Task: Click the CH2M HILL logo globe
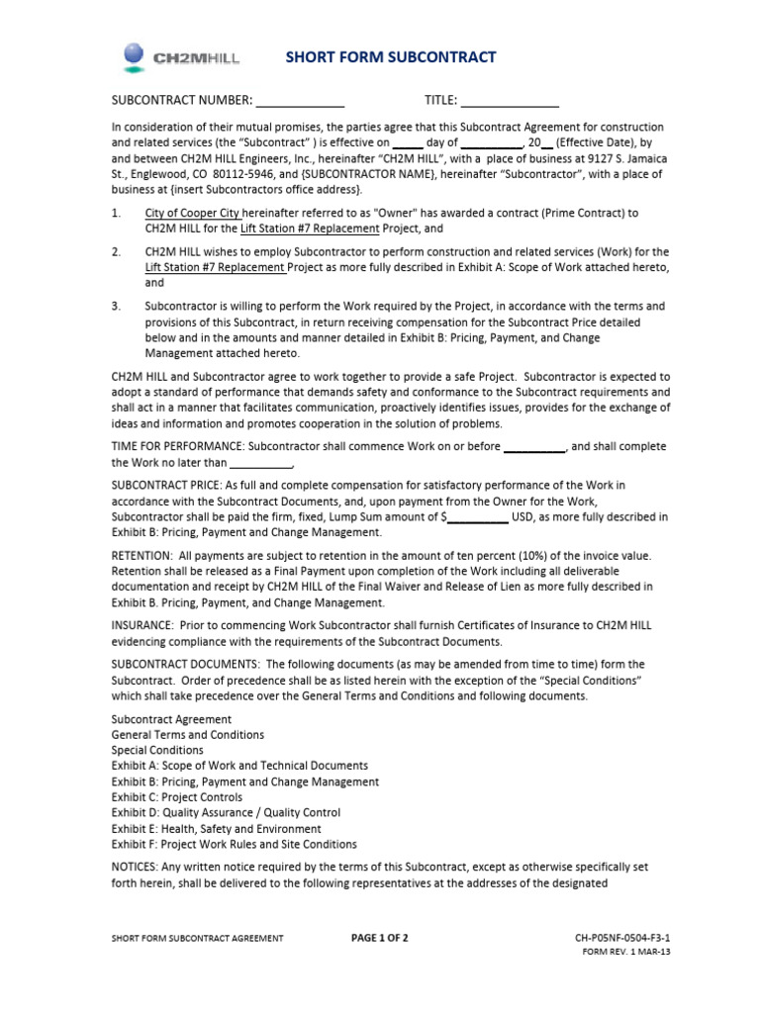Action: (135, 57)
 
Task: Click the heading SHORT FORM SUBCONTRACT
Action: (391, 57)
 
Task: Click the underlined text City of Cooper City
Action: (192, 213)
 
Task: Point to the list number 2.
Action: (116, 251)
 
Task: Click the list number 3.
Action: (116, 306)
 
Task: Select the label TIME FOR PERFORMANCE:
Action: (178, 446)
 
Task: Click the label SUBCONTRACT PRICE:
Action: (167, 485)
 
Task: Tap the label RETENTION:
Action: (142, 555)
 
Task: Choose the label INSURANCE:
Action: (142, 625)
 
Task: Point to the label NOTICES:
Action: (136, 867)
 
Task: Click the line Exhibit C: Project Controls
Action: (177, 797)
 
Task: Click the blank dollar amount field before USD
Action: (478, 516)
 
